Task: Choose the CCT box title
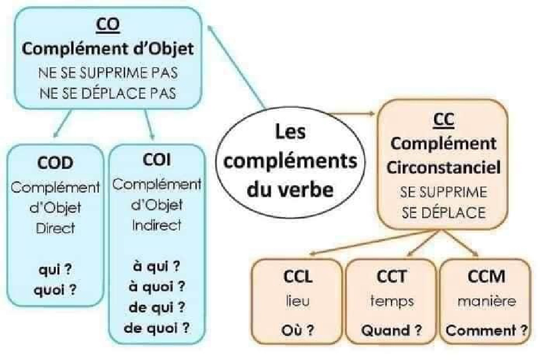[x=391, y=277]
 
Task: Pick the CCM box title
[x=485, y=277]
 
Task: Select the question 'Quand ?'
[x=391, y=330]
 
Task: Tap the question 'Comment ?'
[x=487, y=330]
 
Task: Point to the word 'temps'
[x=391, y=302]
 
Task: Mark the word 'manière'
[x=485, y=302]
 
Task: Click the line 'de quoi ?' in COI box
[x=156, y=327]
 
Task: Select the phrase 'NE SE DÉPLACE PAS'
[x=108, y=93]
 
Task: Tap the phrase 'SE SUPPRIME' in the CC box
[x=443, y=193]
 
